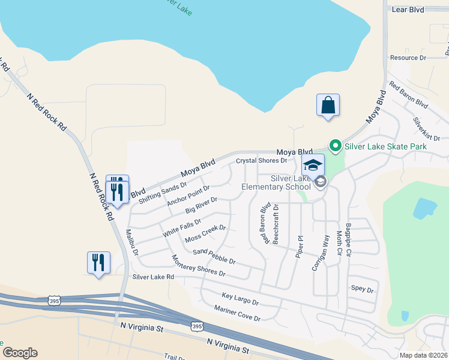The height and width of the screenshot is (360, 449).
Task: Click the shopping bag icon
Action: [x=328, y=106]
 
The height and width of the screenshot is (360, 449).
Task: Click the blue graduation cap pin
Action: [x=313, y=166]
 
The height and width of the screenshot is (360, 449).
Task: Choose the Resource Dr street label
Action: [x=408, y=58]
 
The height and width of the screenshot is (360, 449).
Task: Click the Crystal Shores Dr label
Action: [x=262, y=161]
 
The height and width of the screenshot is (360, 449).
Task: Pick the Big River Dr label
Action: [x=201, y=205]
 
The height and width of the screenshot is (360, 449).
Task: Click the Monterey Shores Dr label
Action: [x=198, y=266]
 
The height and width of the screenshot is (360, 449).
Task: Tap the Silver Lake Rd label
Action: [x=153, y=277]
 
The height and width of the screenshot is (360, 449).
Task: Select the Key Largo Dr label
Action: [x=240, y=299]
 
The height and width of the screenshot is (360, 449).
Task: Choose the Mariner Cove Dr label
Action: [x=237, y=313]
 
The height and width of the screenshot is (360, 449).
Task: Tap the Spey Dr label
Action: [x=362, y=289]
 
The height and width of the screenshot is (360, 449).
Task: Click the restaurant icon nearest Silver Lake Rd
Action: [x=98, y=263]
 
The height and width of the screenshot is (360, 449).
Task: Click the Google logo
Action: [x=19, y=353]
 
